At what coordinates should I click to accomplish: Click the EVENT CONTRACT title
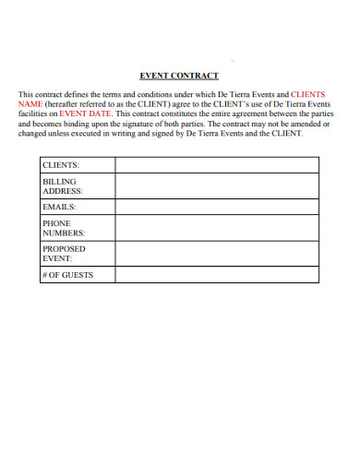[x=179, y=77]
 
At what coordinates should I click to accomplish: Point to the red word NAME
[x=30, y=104]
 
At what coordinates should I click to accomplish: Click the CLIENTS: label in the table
[x=60, y=164]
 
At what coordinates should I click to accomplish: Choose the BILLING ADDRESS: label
[x=63, y=186]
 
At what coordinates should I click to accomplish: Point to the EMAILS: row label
[x=59, y=208]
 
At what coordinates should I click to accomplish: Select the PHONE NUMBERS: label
[x=64, y=229]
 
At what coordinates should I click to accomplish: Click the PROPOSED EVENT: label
[x=64, y=254]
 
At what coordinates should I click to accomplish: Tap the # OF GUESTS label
[x=67, y=275]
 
